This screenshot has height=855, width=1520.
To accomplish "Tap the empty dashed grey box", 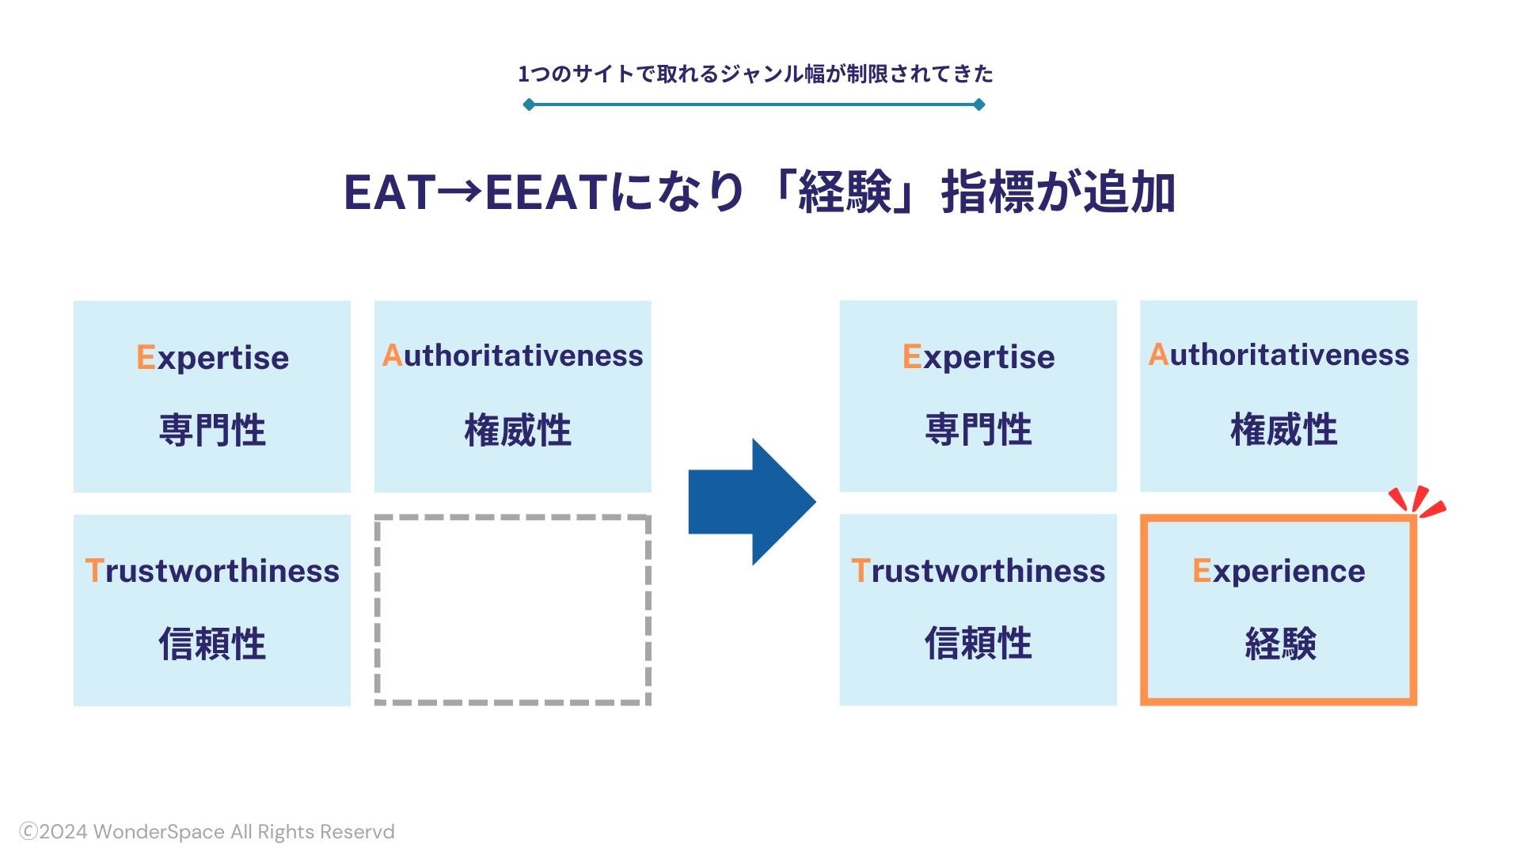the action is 512,610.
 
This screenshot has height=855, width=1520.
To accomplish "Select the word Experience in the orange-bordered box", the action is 1279,571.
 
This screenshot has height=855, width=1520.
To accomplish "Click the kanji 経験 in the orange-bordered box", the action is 1280,643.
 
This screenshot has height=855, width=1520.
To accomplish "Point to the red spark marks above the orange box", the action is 1417,501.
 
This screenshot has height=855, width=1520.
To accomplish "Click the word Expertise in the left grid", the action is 212,357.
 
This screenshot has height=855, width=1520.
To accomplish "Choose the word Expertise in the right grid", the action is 978,356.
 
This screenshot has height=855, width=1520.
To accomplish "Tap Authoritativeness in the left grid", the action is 512,355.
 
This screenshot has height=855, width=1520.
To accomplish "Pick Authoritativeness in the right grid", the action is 1279,355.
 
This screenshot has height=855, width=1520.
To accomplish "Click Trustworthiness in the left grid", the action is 212,571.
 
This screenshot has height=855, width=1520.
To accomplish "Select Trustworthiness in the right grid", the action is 978,571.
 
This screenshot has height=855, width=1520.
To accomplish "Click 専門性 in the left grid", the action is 212,430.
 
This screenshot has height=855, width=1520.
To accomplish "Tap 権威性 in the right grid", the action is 1283,430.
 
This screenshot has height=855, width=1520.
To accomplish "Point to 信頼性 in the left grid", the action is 212,643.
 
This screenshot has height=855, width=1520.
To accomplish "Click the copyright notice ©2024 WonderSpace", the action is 207,832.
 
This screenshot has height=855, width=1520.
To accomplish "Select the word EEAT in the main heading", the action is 546,192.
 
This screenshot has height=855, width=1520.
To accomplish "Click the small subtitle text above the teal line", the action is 755,74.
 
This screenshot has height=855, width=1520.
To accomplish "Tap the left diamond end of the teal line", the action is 529,104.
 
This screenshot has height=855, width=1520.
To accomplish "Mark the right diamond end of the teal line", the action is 979,104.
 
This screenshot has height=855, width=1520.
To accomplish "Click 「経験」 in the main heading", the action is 845,192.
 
